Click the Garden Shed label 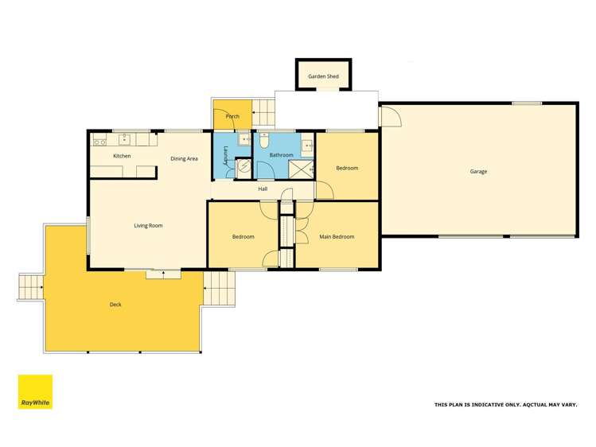click(x=324, y=77)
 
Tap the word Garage click(x=478, y=171)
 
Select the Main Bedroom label click(x=337, y=237)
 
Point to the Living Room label click(x=148, y=226)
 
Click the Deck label click(x=116, y=305)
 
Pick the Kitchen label click(x=122, y=156)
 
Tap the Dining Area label click(x=184, y=159)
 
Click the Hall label click(x=263, y=189)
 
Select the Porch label click(x=232, y=117)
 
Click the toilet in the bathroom click(x=264, y=139)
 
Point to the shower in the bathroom click(x=300, y=169)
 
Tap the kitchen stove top click(x=100, y=142)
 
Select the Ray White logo click(x=35, y=392)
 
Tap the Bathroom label click(x=281, y=155)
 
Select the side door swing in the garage click(x=389, y=117)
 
